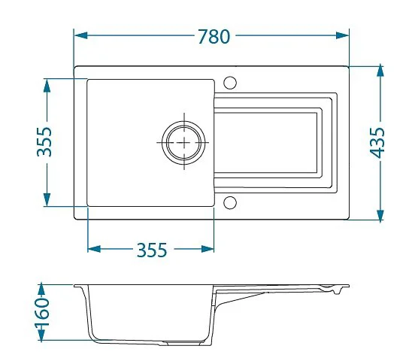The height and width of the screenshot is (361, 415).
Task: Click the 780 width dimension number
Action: point(214,36)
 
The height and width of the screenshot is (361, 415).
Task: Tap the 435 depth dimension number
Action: point(377,143)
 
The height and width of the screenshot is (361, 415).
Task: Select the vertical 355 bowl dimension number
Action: point(44,141)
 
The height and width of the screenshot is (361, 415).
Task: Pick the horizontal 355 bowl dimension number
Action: point(152,250)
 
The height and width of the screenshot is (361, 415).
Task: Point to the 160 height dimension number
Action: point(42,313)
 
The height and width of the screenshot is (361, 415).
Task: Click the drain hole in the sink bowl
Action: point(183,142)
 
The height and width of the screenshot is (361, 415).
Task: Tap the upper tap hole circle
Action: point(230,83)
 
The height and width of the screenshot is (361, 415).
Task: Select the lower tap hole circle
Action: point(230,202)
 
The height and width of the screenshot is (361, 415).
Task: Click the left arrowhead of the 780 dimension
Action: point(81,35)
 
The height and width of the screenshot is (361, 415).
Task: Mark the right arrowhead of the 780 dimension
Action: point(342,35)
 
